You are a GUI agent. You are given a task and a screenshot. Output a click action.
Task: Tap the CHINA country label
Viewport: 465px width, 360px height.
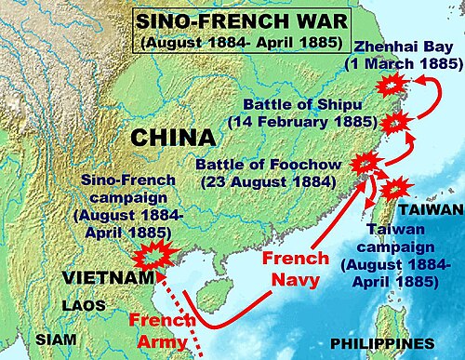(174, 138)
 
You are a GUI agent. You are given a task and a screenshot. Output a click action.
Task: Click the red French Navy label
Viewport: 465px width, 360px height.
(297, 268)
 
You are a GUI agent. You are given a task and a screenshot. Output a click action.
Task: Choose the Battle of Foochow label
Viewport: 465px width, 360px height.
(269, 172)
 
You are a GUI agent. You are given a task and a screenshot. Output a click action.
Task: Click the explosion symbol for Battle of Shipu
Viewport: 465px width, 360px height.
(395, 121)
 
